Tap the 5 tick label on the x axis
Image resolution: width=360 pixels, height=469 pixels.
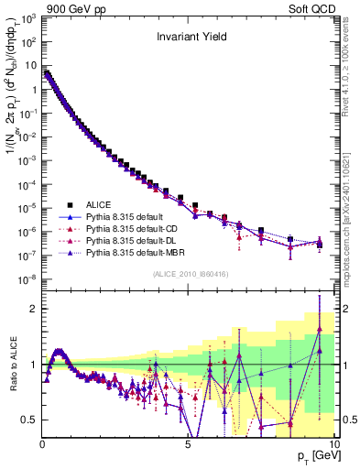click(x=187, y=443)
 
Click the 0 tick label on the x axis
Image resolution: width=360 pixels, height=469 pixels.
click(x=42, y=443)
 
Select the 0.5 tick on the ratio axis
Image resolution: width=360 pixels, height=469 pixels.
click(x=29, y=420)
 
